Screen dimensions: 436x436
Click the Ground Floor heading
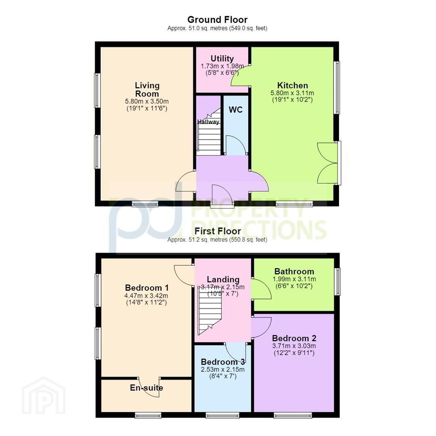pyautogui.click(x=218, y=20)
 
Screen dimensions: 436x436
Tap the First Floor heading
pyautogui.click(x=218, y=231)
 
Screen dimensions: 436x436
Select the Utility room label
pyautogui.click(x=222, y=59)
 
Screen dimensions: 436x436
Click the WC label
pyautogui.click(x=235, y=109)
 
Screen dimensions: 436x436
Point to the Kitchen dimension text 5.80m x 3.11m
pyautogui.click(x=292, y=93)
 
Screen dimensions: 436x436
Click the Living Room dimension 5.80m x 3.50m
pyautogui.click(x=147, y=101)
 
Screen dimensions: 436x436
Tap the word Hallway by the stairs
pyautogui.click(x=208, y=122)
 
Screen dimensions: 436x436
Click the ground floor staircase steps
pyautogui.click(x=209, y=134)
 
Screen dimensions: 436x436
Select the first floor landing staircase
pyautogui.click(x=210, y=310)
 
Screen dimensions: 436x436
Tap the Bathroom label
pyautogui.click(x=294, y=271)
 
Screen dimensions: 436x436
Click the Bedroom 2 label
pyautogui.click(x=294, y=338)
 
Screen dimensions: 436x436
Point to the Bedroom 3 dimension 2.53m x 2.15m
pyautogui.click(x=223, y=369)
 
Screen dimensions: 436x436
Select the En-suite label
pyautogui.click(x=146, y=388)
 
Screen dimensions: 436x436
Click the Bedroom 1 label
pyautogui.click(x=147, y=287)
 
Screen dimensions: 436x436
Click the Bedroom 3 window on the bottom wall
pyautogui.click(x=222, y=415)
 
